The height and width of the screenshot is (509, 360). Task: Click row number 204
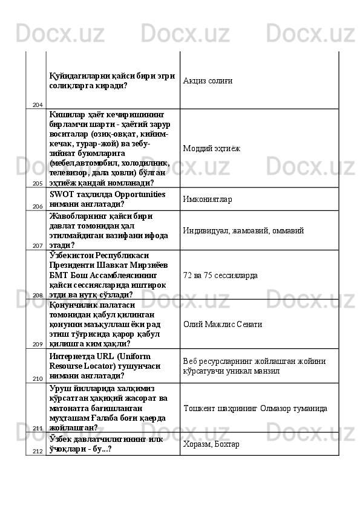pos(38,105)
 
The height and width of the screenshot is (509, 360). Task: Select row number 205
pos(38,183)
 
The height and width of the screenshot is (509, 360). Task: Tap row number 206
pos(38,206)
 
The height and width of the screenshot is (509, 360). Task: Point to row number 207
pos(38,246)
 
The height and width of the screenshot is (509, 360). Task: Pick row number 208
pos(38,295)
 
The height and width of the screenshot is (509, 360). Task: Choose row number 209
pos(38,343)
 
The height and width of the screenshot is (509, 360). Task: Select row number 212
pos(38,451)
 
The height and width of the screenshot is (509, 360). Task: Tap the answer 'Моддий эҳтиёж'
pos(212,148)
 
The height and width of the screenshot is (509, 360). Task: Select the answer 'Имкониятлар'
pos(208,199)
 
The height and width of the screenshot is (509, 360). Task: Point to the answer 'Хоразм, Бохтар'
pos(211,444)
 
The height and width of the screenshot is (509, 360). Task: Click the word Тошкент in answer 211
pos(199,409)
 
